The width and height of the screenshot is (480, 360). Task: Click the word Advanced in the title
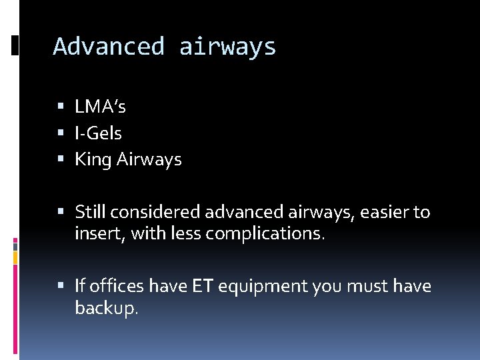pyautogui.click(x=109, y=47)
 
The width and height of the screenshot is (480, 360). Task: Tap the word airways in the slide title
pyautogui.click(x=227, y=47)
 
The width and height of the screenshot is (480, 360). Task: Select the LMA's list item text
pyautogui.click(x=100, y=107)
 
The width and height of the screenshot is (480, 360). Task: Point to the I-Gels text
pyautogui.click(x=98, y=133)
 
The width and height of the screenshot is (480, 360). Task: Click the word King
pyautogui.click(x=93, y=160)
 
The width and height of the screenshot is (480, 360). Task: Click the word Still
pyautogui.click(x=90, y=213)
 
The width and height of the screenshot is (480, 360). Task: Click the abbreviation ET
pyautogui.click(x=203, y=287)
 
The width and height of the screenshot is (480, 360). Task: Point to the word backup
pyautogui.click(x=106, y=308)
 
